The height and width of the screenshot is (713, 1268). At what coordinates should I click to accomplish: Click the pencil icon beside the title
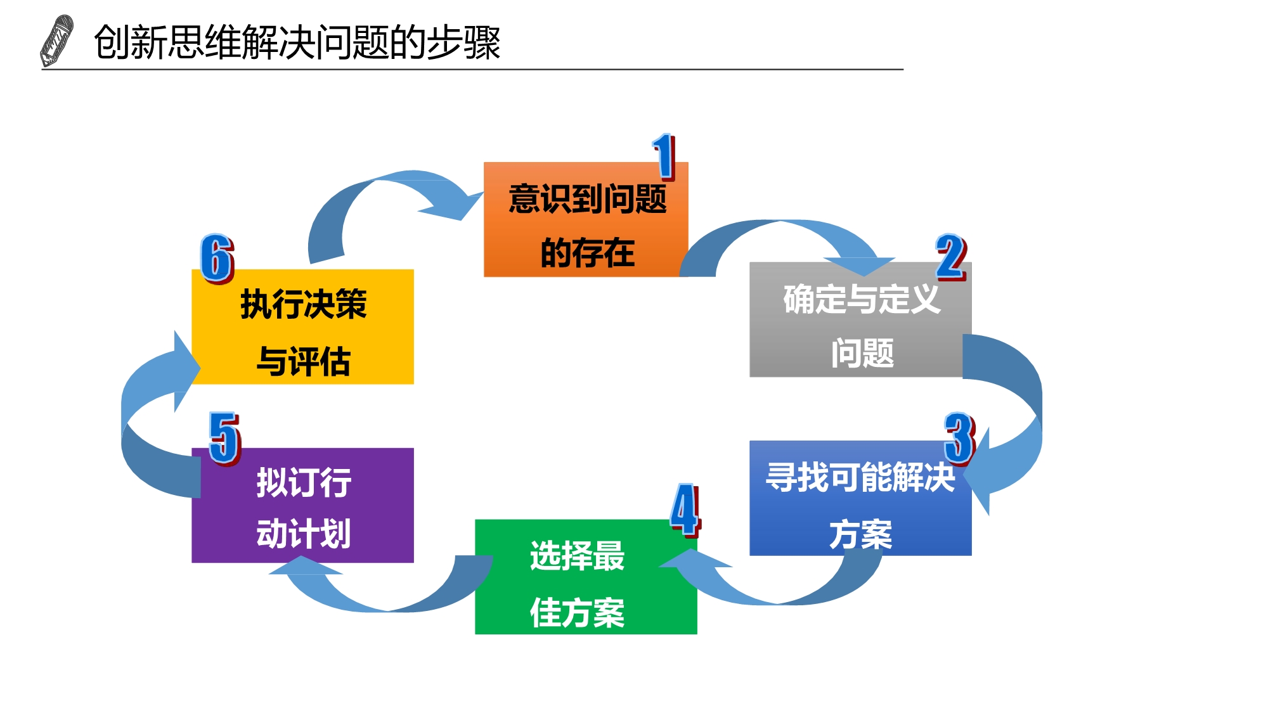pos(56,41)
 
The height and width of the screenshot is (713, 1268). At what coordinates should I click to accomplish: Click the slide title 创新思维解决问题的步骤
pos(297,42)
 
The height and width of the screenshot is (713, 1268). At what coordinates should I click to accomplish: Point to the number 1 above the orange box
pos(664,157)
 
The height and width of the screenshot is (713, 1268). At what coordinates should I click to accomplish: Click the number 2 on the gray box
pos(950,257)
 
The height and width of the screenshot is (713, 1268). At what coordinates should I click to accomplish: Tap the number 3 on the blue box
pos(959,438)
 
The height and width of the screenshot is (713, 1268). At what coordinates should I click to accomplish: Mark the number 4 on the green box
pos(685,510)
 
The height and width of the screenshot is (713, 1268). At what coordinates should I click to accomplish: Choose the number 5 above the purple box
pos(224,438)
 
